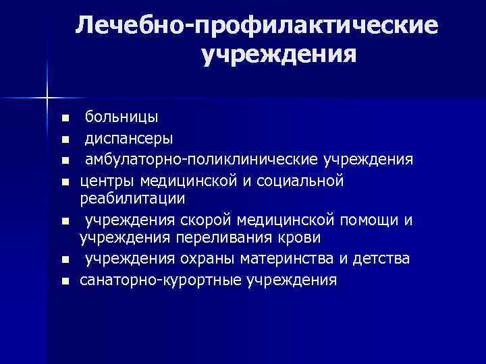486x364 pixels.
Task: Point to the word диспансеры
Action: coord(128,138)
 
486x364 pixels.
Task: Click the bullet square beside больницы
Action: coord(65,119)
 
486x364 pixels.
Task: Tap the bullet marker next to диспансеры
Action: coord(65,140)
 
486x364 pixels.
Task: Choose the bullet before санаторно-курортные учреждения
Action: coord(65,280)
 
